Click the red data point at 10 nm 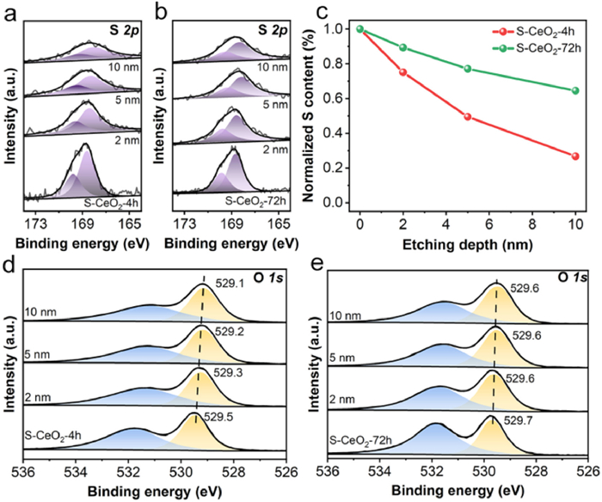click(x=574, y=156)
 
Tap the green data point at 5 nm click(x=468, y=69)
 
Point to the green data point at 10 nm click(x=574, y=90)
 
